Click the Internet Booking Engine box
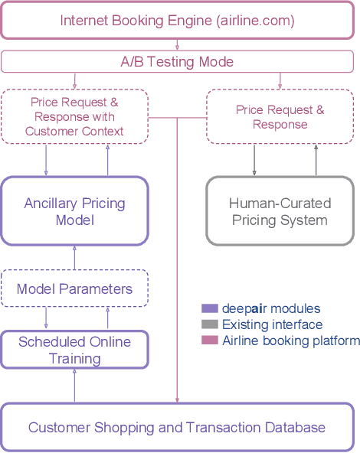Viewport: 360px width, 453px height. click(177, 20)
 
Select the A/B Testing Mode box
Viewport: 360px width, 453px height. click(177, 61)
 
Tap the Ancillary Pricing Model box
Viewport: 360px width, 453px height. click(74, 211)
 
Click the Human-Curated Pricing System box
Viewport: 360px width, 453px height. click(280, 211)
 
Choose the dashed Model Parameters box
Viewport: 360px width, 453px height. click(74, 288)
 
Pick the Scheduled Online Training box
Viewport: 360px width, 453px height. click(74, 350)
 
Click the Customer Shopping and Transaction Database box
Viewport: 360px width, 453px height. click(177, 428)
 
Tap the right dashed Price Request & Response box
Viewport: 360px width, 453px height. click(280, 117)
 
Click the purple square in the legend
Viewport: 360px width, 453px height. click(210, 308)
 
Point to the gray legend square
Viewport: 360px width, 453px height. click(210, 324)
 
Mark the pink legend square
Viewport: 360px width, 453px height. click(210, 341)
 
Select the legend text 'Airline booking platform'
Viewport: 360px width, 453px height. click(290, 341)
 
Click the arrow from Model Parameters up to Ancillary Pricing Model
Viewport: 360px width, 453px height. click(74, 257)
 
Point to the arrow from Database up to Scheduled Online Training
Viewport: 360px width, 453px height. click(74, 386)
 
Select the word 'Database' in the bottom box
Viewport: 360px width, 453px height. click(294, 428)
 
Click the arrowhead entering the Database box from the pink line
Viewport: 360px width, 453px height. click(178, 399)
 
